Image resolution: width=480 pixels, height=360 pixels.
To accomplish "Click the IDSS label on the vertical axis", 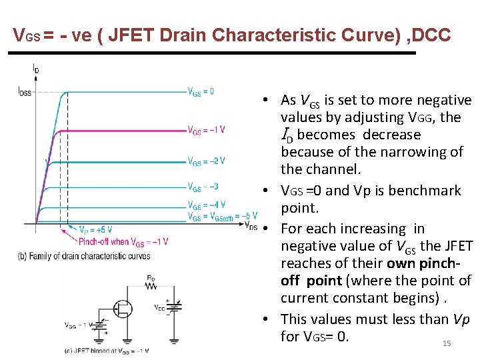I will coord(25,92).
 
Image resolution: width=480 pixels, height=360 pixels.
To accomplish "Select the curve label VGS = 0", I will coord(201,92).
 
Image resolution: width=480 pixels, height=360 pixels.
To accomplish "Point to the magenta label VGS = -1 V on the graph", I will coord(206,130).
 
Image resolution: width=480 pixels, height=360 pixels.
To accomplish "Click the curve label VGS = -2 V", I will coord(206,161).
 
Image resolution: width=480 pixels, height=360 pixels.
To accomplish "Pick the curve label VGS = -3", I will coord(203,187).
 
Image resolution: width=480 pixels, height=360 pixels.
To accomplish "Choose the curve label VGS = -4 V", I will coord(206,205).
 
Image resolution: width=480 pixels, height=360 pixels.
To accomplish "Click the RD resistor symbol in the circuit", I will coord(151,285).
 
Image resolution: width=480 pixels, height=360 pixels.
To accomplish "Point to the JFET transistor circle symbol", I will coord(123,309).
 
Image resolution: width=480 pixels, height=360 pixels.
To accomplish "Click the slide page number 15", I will coord(447,343).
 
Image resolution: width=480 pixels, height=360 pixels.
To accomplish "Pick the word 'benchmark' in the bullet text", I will coord(428,191).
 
